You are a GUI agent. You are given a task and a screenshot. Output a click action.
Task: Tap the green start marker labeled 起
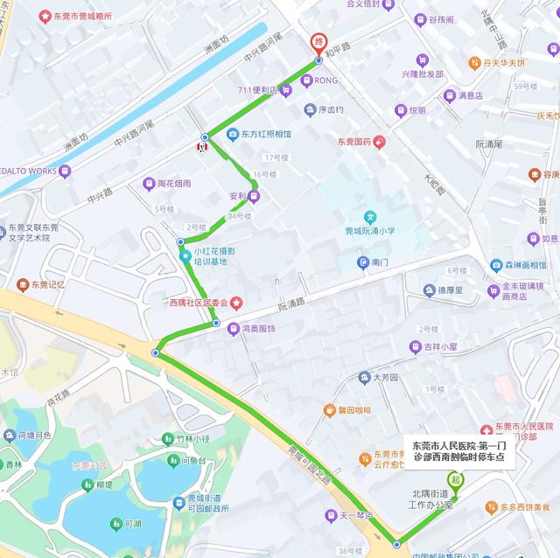[x=455, y=480]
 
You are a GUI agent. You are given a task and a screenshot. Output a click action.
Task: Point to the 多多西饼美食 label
[x=525, y=506]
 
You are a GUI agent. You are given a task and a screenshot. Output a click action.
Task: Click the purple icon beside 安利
[x=254, y=195]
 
